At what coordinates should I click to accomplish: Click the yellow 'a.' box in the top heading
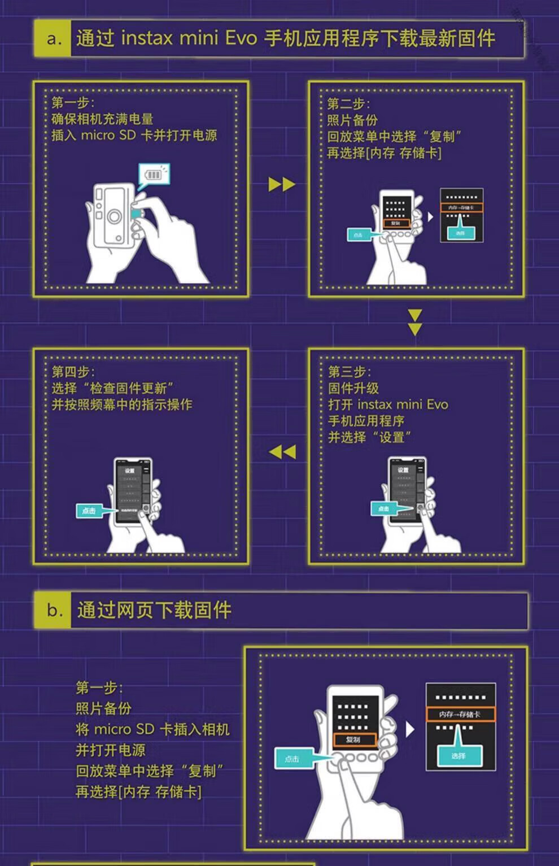coord(53,38)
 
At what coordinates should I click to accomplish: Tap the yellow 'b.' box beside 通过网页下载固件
coord(53,610)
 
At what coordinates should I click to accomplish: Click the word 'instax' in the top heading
coord(146,38)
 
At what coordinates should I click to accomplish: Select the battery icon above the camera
coord(154,175)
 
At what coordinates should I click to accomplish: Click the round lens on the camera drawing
coord(115,216)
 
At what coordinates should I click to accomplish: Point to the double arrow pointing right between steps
coord(282,184)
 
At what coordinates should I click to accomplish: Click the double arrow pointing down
coord(415,322)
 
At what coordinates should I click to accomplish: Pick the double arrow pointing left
coord(282,452)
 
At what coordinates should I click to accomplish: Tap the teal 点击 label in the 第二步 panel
coord(358,234)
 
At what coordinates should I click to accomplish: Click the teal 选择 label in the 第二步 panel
coord(461,233)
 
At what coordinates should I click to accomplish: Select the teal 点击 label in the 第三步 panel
coord(383,508)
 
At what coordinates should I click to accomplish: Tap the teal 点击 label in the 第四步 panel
coord(89,511)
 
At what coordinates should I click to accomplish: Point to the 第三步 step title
coord(350,372)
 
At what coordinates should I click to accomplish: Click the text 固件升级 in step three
coord(353,388)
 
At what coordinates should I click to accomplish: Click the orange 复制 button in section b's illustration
coord(353,739)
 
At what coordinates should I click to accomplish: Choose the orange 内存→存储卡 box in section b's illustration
coord(460,715)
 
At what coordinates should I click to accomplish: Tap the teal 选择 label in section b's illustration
coord(458,756)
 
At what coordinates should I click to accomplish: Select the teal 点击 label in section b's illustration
coord(292,759)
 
